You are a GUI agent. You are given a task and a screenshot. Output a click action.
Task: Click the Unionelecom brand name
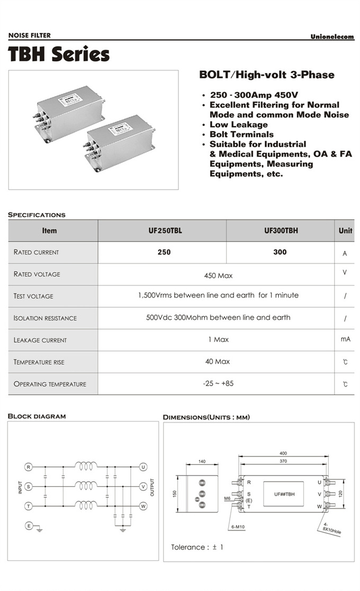pos(332,37)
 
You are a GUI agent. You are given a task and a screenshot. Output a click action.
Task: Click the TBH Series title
pos(59,55)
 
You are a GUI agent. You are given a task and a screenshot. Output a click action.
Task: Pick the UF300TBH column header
pos(280,231)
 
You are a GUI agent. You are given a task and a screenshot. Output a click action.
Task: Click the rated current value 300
pos(280,252)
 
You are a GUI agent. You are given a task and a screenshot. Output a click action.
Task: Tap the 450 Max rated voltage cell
pos(218,275)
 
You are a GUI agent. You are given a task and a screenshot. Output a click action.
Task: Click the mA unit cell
pos(345,339)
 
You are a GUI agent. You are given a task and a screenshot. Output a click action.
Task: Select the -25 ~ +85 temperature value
pos(218,383)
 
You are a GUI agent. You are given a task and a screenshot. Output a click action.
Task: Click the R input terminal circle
pos(29,467)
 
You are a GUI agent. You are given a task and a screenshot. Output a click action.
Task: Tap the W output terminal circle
pos(143,506)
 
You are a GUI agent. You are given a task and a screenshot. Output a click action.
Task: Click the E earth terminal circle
pos(29,525)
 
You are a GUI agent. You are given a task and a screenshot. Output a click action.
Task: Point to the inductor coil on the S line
pos(86,486)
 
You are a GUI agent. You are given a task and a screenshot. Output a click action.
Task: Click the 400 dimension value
pos(283,453)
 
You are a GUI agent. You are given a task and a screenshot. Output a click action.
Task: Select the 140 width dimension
pos(202,462)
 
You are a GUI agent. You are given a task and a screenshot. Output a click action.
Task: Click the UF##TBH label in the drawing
pos(284,494)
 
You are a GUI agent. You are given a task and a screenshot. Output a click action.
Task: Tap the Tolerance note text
pos(197,547)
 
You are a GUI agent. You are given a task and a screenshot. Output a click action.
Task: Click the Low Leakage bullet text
pos(238,124)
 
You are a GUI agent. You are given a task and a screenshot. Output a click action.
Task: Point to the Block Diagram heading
pos(37,416)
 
